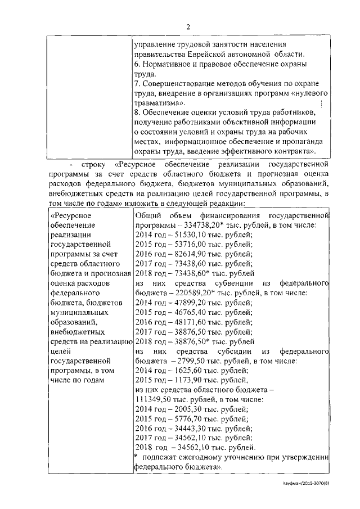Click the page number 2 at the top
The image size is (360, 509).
pos(189,26)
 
